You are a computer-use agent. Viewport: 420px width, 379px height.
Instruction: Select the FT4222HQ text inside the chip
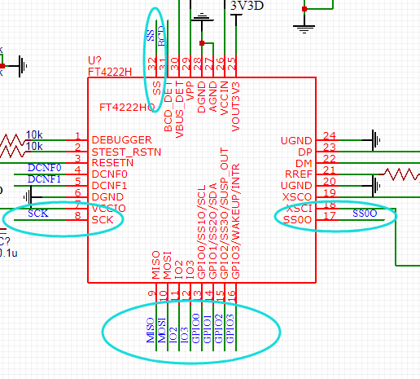coord(126,108)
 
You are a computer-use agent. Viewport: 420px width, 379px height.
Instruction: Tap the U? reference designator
coord(94,61)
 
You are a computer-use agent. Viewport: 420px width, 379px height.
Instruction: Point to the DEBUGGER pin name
coord(121,139)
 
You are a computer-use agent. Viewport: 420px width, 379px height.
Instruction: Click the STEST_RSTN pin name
coord(126,152)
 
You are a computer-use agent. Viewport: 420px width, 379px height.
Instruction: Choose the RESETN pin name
coord(114,162)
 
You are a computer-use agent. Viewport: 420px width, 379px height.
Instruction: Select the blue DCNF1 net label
coord(43,178)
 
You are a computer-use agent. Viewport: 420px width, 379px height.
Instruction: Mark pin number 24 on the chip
coord(329,136)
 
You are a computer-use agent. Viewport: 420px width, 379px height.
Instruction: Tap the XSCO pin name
coord(296,197)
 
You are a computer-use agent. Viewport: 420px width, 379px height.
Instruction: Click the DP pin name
coord(304,152)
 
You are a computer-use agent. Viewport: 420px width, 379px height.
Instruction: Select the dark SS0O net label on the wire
coord(365,214)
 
